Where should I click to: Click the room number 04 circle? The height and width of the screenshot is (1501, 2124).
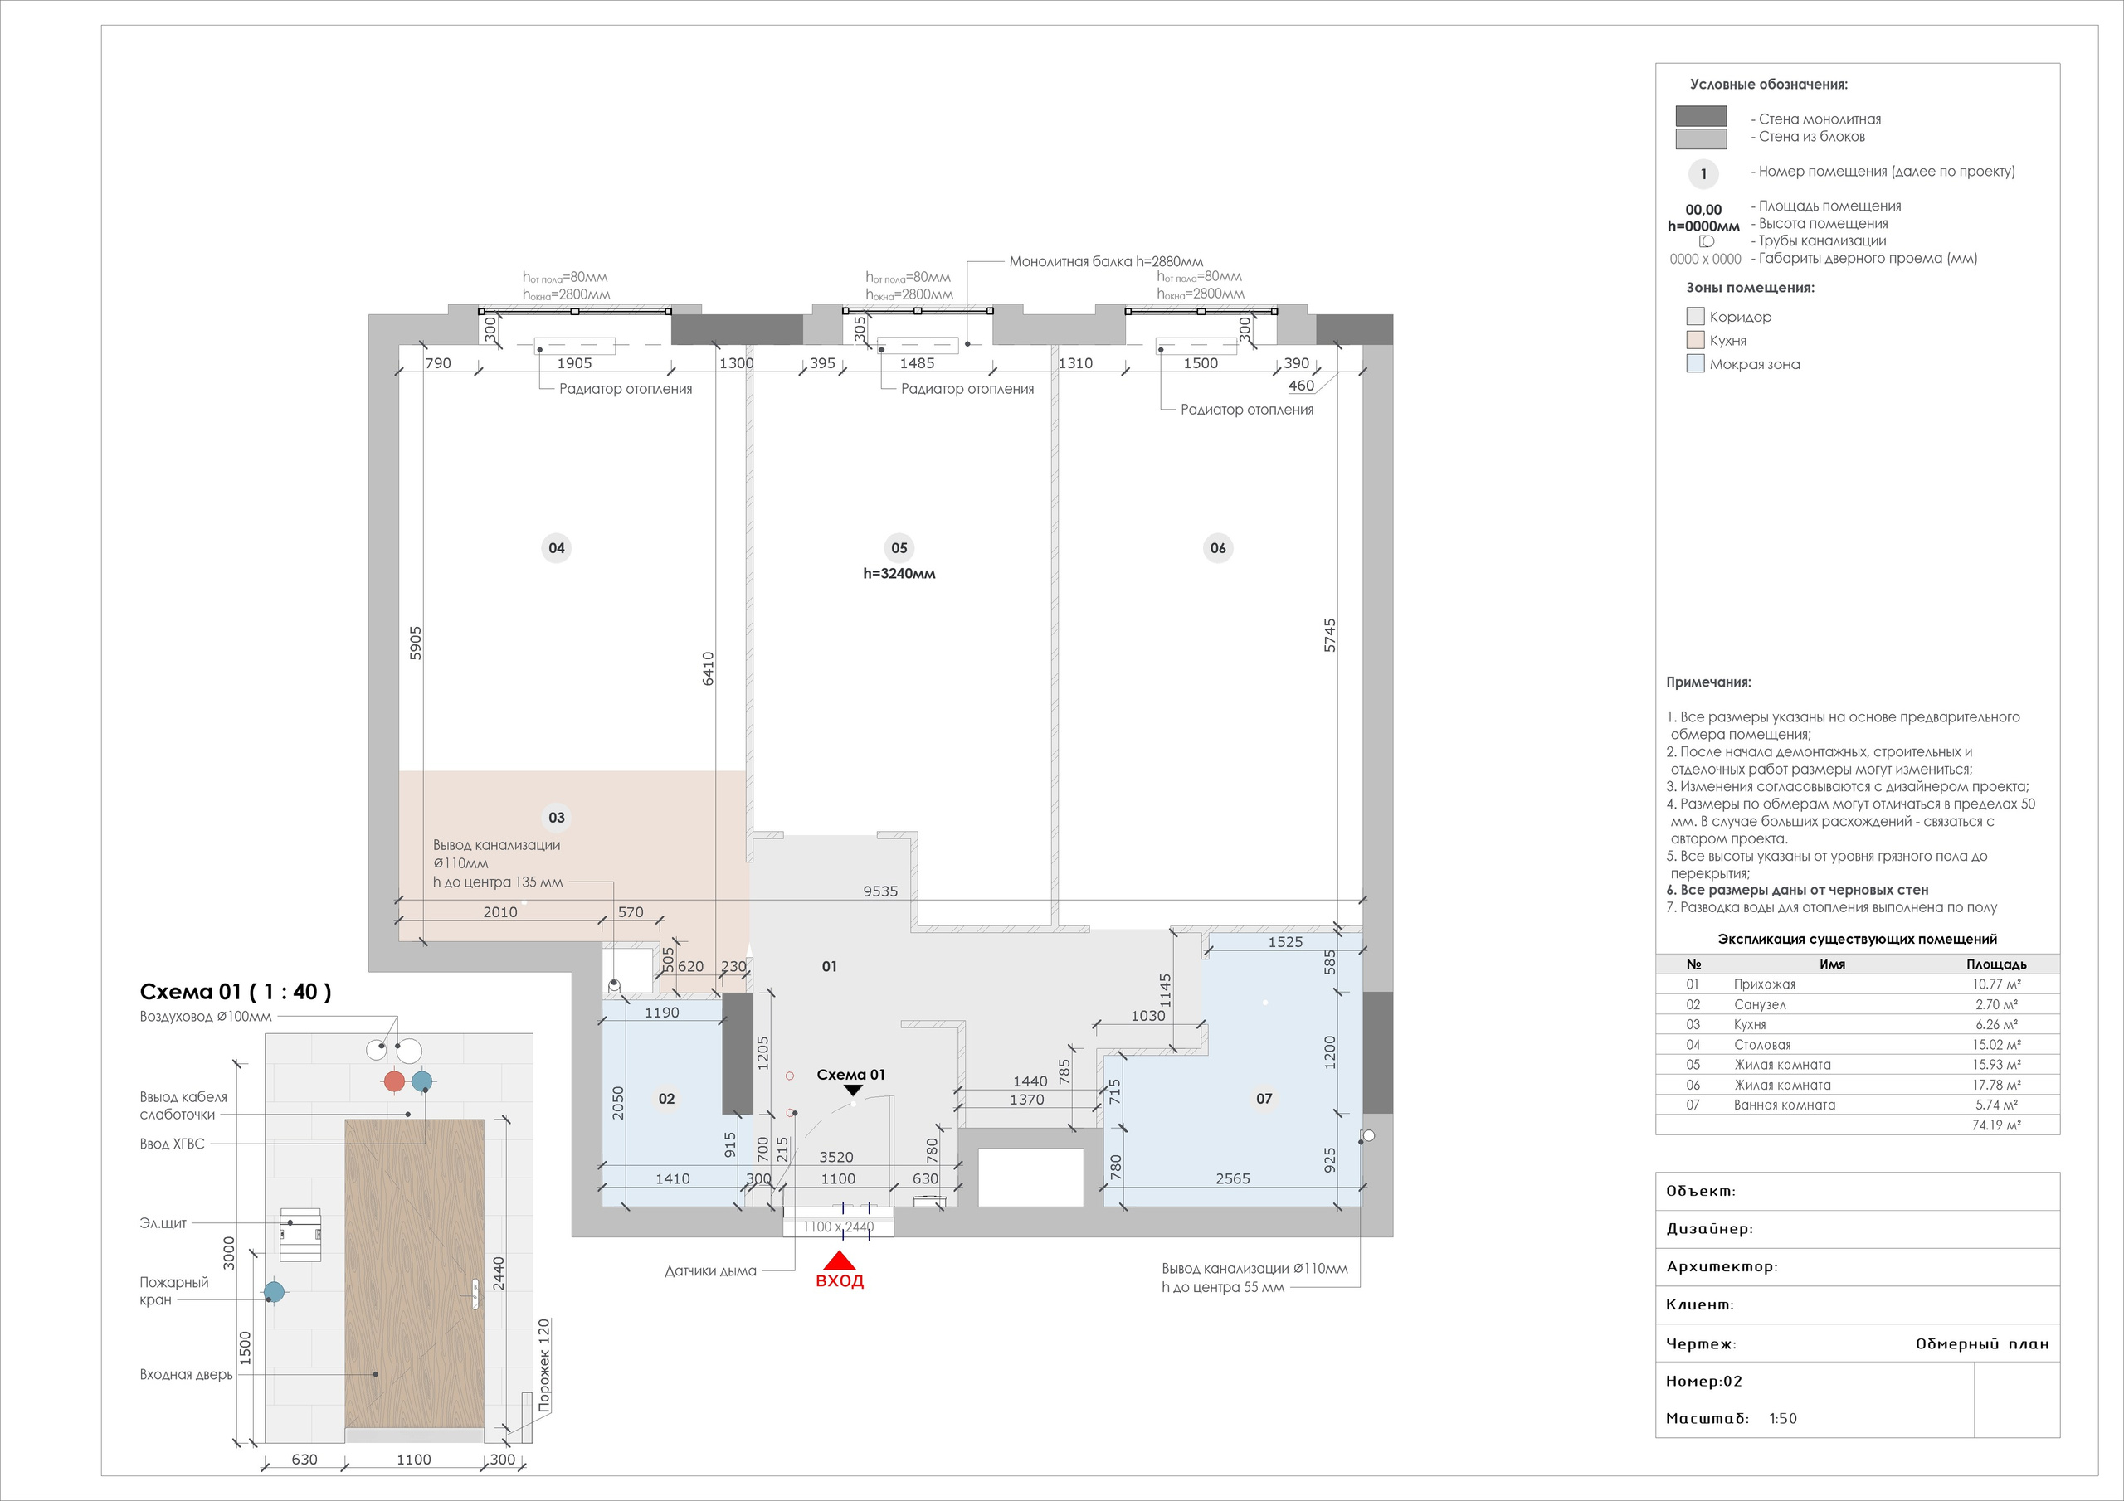point(556,547)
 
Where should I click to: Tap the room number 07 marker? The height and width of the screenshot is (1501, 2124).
point(1264,1099)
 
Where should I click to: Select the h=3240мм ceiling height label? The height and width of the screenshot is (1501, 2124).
point(899,573)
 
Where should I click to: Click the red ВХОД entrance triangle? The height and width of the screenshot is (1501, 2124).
point(839,1261)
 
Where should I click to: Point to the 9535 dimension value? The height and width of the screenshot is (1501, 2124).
point(879,891)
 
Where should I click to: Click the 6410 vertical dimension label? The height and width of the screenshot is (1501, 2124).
point(708,668)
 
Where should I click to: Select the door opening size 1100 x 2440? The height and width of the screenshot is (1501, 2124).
point(838,1227)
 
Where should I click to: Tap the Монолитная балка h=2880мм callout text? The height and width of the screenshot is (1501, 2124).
point(1105,262)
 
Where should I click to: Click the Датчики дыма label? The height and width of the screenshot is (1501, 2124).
point(709,1270)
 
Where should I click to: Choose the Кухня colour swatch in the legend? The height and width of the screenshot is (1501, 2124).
point(1695,340)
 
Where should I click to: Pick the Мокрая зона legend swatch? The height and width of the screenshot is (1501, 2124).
point(1695,363)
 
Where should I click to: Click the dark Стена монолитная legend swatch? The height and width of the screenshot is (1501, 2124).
point(1700,115)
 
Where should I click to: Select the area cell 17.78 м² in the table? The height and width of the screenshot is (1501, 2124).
point(1995,1085)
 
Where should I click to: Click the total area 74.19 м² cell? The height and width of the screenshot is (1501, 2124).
point(1995,1125)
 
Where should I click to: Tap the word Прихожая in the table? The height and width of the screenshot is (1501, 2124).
point(1763,984)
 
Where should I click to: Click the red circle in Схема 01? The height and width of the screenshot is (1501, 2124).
point(394,1081)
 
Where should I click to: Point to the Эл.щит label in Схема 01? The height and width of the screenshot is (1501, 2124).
point(163,1222)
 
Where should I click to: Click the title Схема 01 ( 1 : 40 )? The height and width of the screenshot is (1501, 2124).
point(235,993)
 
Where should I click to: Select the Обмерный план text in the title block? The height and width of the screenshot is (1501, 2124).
point(1981,1343)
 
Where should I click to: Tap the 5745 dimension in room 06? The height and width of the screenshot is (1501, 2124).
point(1329,635)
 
